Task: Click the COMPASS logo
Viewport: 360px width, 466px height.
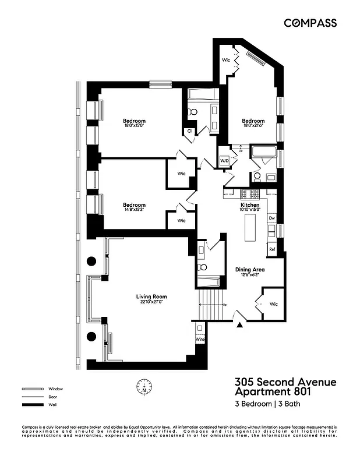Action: point(310,23)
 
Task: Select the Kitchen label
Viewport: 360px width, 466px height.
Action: point(250,205)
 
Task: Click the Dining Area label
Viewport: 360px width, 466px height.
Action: point(250,270)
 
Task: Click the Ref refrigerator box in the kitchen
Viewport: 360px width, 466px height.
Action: point(272,249)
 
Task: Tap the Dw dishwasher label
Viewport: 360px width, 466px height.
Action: point(271,218)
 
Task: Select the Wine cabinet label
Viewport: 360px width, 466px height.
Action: point(200,339)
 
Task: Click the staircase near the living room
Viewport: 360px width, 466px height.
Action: point(209,303)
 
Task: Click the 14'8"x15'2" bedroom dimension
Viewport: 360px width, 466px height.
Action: point(134,210)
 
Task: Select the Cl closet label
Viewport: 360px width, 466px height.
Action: point(190,131)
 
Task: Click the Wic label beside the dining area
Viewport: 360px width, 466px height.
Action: point(274,304)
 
